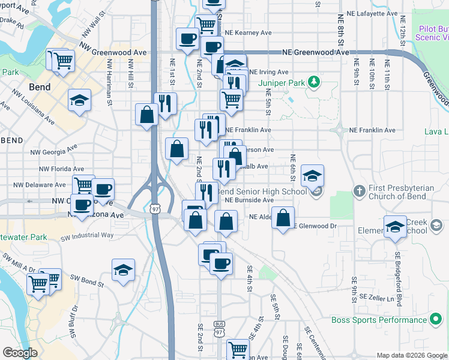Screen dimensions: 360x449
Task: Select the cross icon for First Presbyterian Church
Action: click(x=359, y=191)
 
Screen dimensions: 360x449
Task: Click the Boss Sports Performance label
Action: click(x=379, y=320)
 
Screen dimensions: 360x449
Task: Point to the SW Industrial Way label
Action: click(x=87, y=235)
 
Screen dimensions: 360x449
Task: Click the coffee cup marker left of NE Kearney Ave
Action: click(x=188, y=39)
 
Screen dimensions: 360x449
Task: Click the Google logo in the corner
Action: click(x=20, y=353)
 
